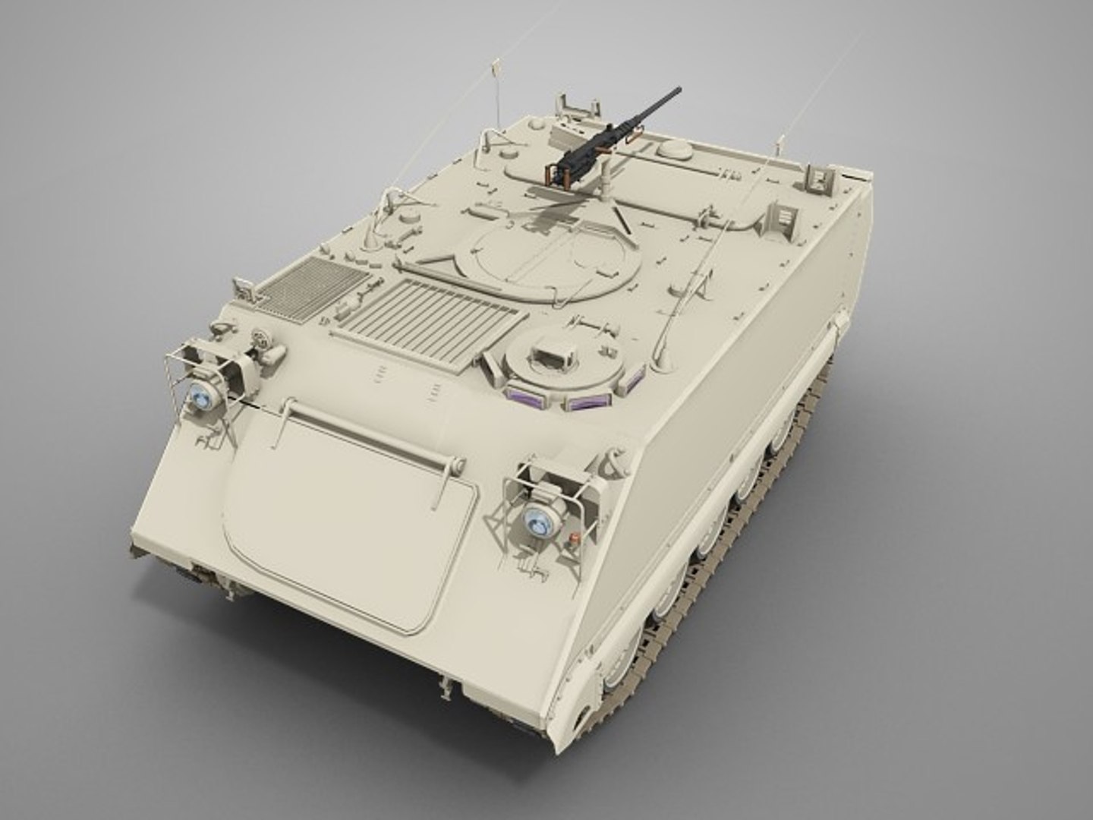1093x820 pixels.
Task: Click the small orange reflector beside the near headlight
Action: [574, 541]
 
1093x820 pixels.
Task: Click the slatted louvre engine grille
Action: [429, 314]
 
